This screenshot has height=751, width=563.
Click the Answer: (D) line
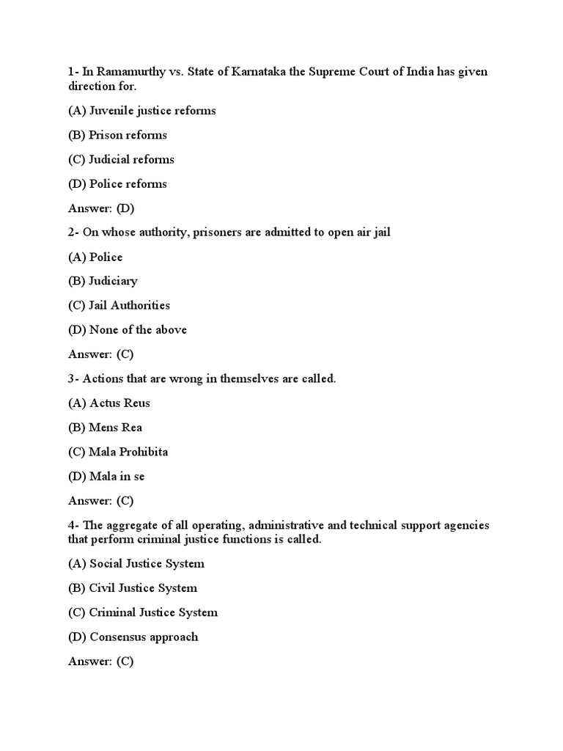point(101,208)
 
